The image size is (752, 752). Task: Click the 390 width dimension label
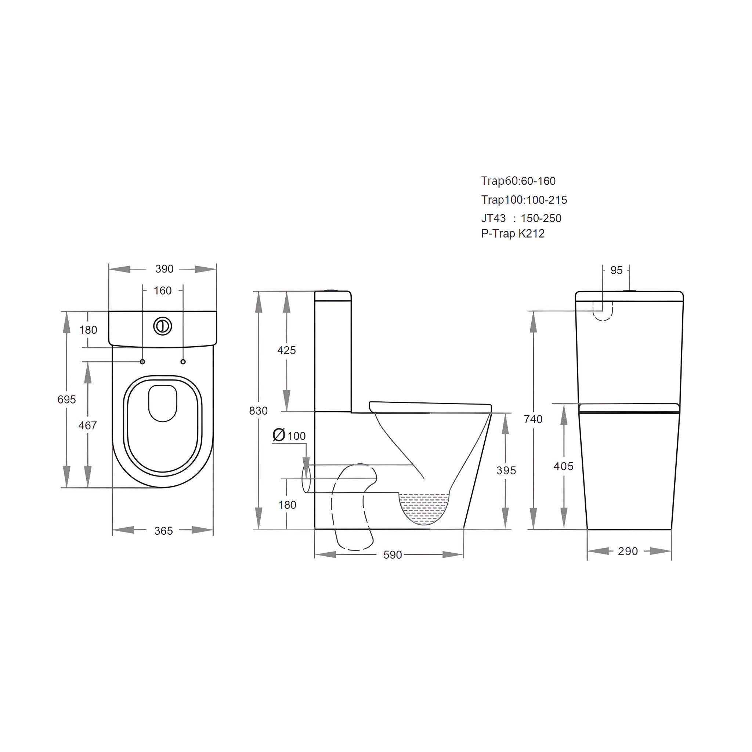pos(164,269)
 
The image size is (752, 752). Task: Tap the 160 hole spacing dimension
pos(162,291)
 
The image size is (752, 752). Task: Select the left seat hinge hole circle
pos(142,362)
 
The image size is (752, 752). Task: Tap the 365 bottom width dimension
pos(163,531)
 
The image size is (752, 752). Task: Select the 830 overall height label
pos(258,411)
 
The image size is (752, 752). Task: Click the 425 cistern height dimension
pos(286,350)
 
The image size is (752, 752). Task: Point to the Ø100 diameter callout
pos(289,435)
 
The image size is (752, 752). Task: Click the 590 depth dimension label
pos(393,555)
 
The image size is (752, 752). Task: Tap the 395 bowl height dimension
pos(506,471)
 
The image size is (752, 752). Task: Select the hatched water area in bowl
pos(424,508)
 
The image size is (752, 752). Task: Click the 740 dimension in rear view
pos(533,419)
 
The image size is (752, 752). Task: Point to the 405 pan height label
pos(563,466)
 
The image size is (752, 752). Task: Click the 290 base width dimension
pos(628,551)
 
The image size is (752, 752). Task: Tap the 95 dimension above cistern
pos(617,270)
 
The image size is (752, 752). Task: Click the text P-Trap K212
pos(513,234)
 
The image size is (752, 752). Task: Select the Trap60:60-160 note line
pos(518,181)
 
